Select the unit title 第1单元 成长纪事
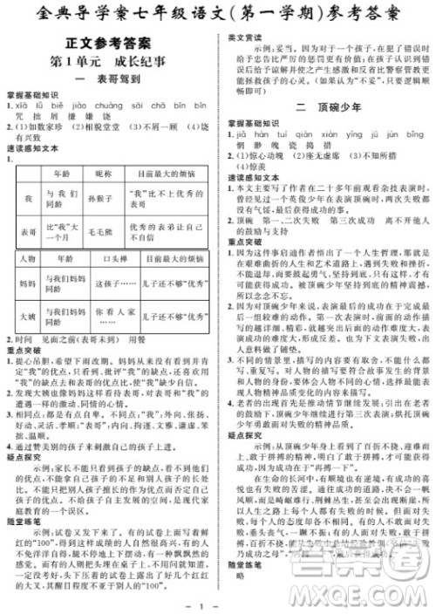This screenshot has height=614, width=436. pyautogui.click(x=108, y=61)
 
